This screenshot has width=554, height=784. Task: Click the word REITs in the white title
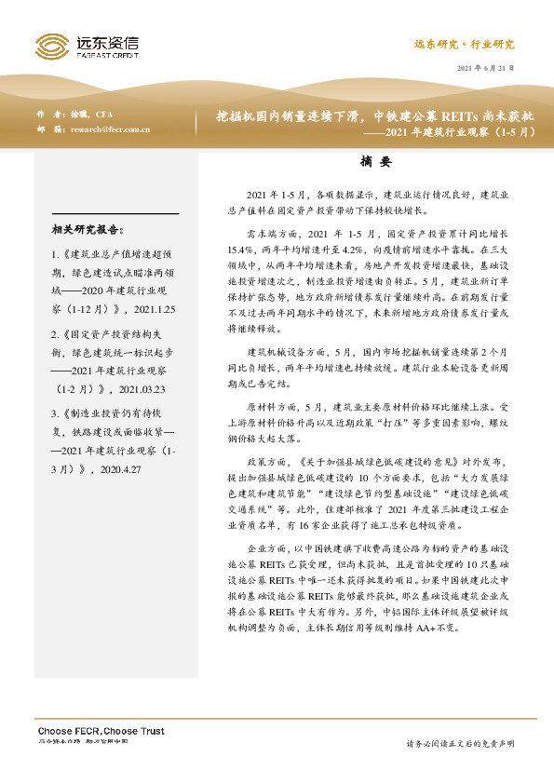click(449, 116)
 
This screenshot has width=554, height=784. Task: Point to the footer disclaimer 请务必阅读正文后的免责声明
click(460, 744)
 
